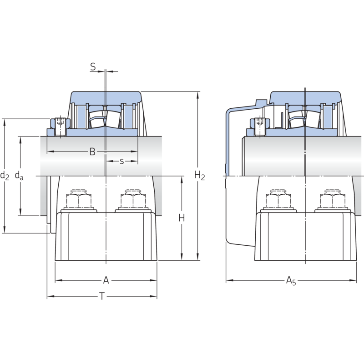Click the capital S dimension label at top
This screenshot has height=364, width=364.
point(93,66)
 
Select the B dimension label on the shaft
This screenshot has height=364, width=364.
point(92,152)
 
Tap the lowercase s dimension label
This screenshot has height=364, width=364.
point(122,161)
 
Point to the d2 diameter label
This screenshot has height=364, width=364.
point(5,176)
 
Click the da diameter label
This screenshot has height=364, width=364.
point(19,176)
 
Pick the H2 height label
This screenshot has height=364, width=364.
point(200,175)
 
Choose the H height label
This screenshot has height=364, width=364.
point(182,218)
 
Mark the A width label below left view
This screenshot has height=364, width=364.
point(106,280)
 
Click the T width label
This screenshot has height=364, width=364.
point(101,297)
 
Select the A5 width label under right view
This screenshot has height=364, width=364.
point(291,281)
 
